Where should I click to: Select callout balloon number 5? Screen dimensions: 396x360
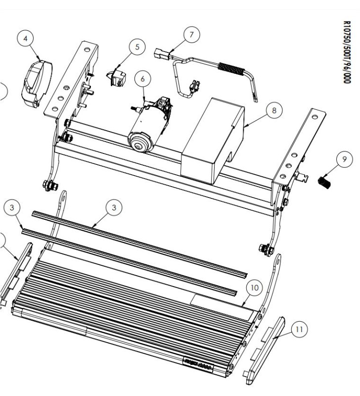[x=137, y=47]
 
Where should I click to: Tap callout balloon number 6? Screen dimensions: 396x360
[x=143, y=78]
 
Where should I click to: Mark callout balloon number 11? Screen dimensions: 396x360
[x=299, y=329]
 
